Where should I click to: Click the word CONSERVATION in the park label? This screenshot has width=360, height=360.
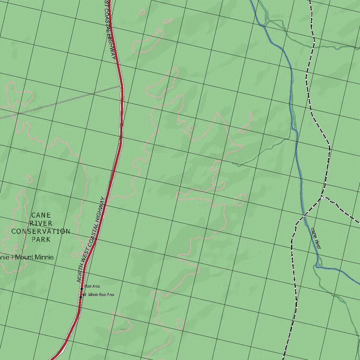41,231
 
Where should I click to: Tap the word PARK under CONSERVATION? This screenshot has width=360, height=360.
41,239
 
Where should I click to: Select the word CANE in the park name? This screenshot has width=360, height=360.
41,215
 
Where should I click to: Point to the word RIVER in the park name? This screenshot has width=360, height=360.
41,223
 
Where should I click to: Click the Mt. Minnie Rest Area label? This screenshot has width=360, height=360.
98,295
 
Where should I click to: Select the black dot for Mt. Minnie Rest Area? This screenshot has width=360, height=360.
81,297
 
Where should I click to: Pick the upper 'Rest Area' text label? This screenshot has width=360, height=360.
92,286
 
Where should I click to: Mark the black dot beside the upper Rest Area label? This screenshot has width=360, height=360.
82,289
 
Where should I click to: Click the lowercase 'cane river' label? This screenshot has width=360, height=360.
316,238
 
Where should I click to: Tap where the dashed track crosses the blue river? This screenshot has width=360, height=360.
304,215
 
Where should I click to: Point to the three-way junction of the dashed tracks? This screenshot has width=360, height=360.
321,198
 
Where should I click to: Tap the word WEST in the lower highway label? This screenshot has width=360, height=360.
84,256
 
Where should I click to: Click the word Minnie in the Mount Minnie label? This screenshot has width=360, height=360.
44,257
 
